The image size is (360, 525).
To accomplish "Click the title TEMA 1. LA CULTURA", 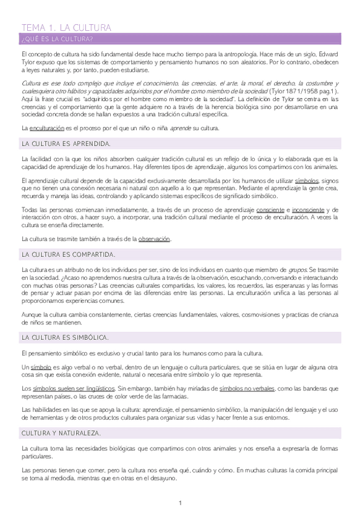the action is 66,28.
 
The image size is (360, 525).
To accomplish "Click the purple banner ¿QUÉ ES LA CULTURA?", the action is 57,40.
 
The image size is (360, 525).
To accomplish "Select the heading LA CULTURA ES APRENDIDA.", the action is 66,144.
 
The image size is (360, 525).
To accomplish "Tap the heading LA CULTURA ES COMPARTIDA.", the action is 68,254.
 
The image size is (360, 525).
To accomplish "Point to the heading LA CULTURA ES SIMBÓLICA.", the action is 65,337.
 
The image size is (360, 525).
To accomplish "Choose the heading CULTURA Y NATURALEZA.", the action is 61,432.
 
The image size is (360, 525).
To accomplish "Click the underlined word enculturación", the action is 46,128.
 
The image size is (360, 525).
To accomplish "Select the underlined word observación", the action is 154,239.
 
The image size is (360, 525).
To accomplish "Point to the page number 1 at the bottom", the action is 180,503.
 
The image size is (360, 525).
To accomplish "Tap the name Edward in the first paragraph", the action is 327,54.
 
